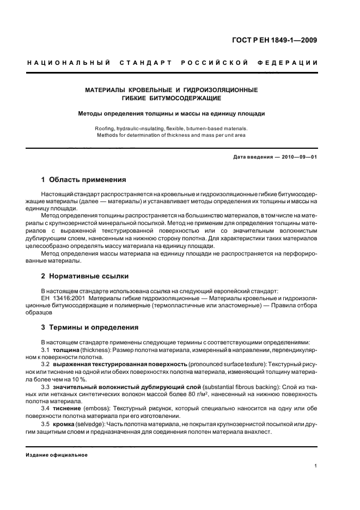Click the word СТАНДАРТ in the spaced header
[143, 64]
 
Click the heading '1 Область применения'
[84, 179]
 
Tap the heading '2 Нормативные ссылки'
[85, 276]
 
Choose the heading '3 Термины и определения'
[90, 327]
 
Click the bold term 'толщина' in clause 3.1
[66, 349]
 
